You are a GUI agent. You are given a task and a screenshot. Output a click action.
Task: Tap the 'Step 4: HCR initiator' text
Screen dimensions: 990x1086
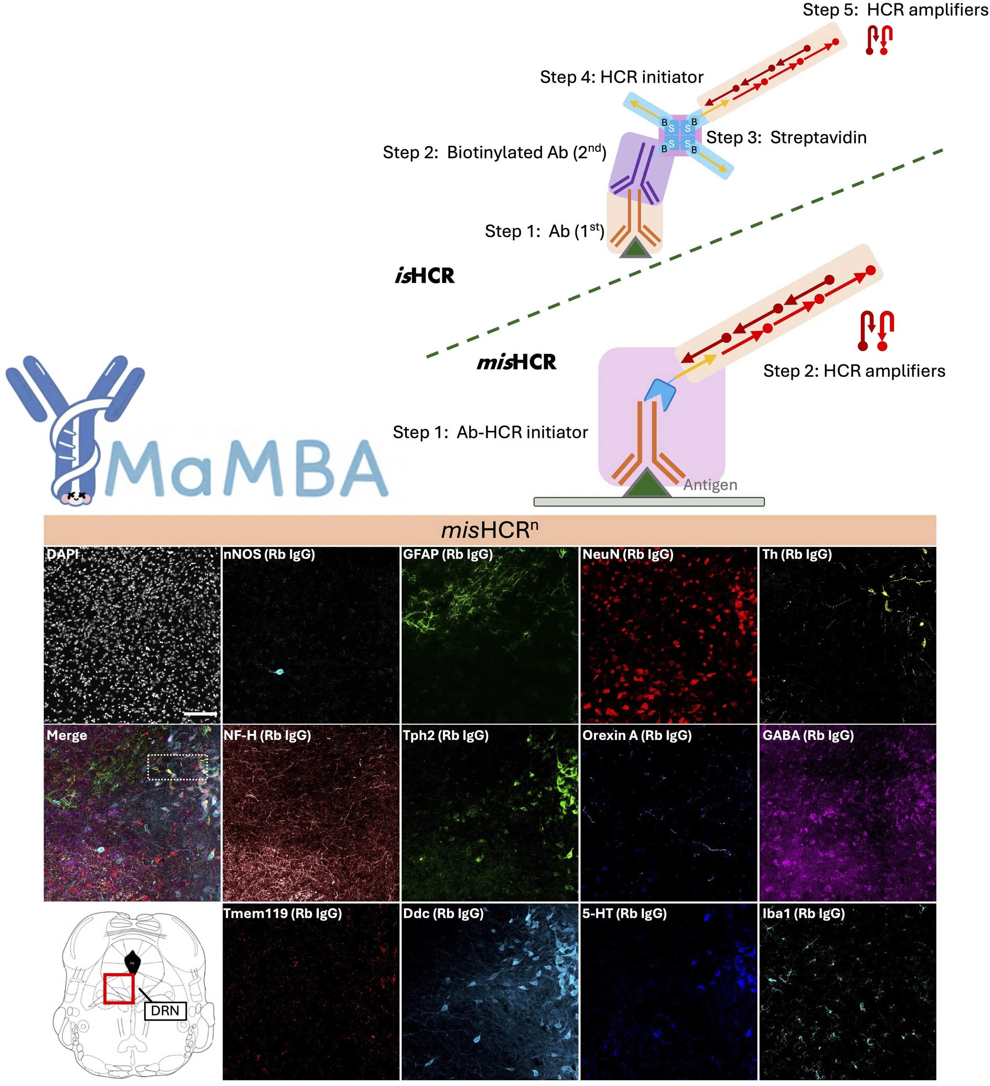(621, 78)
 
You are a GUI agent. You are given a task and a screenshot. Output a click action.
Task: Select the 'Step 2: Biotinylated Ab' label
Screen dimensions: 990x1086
(494, 152)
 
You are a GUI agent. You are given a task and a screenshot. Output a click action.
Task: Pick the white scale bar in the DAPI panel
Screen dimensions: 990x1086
(200, 714)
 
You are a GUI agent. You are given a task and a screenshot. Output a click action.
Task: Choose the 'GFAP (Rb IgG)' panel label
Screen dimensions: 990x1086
(448, 554)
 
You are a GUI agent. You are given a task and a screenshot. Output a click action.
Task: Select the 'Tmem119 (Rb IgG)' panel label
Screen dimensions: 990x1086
(282, 914)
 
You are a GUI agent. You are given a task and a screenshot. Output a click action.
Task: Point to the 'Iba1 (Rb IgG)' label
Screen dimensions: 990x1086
(803, 914)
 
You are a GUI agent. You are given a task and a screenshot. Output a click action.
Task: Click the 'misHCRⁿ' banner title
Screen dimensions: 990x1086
(489, 531)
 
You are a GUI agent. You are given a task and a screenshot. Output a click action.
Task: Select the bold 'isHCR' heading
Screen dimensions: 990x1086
(425, 276)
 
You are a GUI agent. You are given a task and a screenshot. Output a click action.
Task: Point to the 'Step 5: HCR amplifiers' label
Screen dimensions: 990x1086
(895, 10)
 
